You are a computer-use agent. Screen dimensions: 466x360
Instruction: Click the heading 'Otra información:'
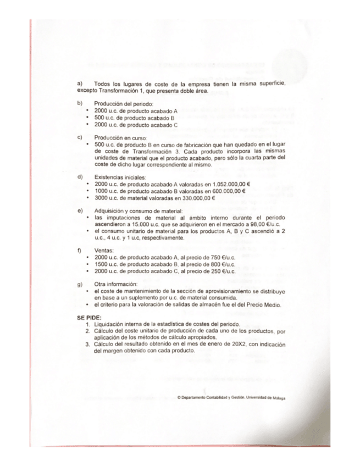coord(114,284)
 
